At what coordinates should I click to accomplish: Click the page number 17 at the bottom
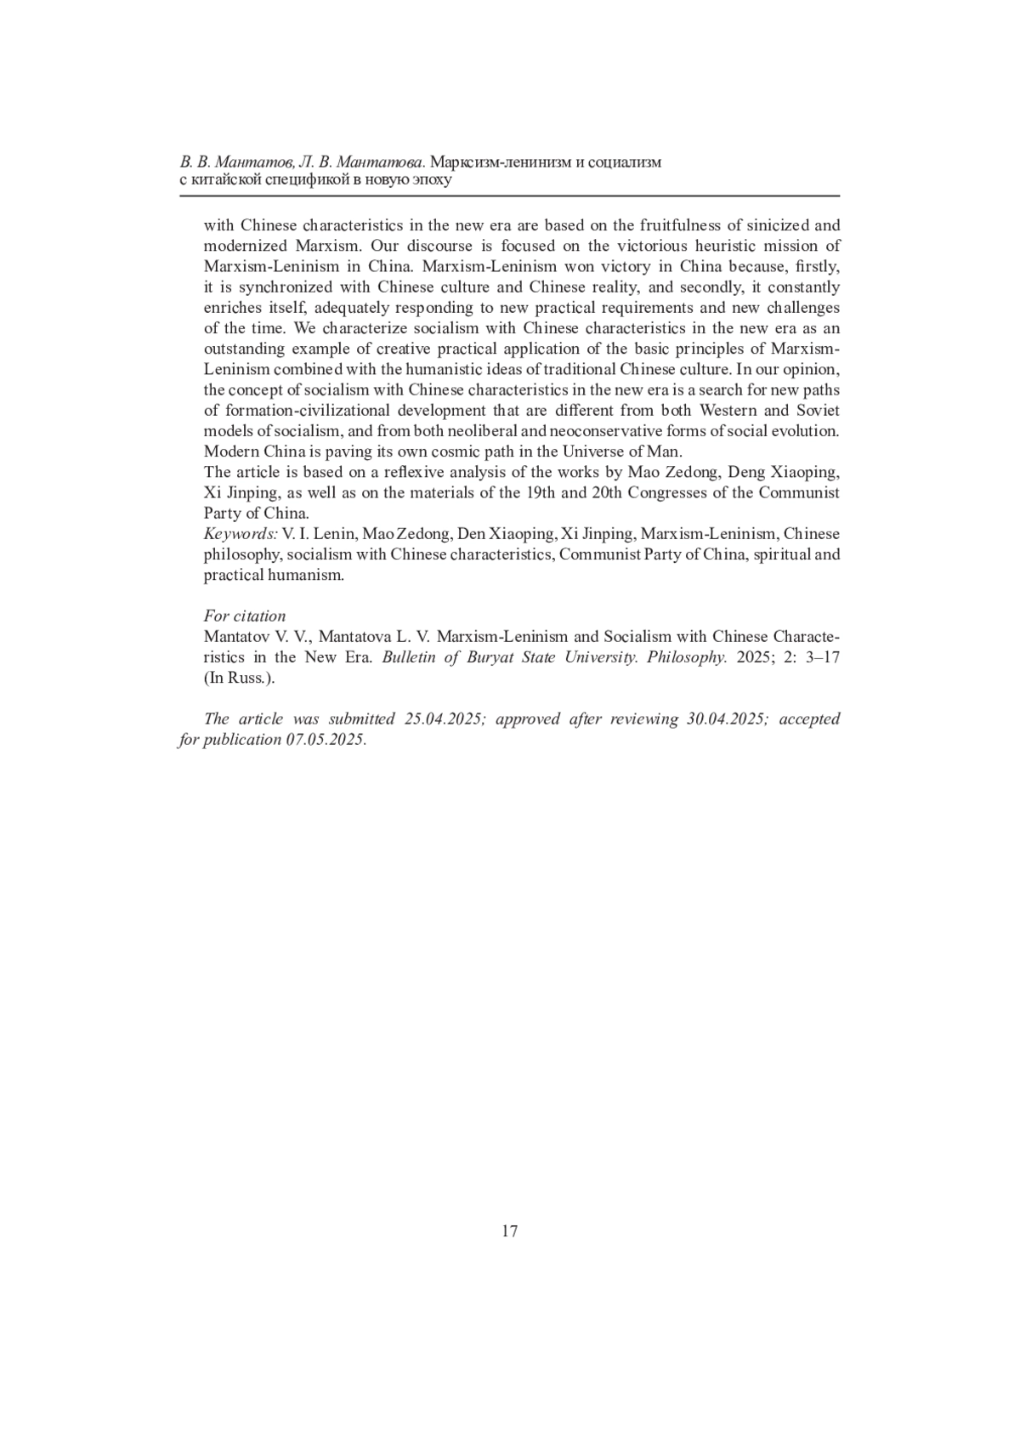click(x=509, y=1230)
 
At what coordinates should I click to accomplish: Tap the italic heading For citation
click(x=245, y=616)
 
